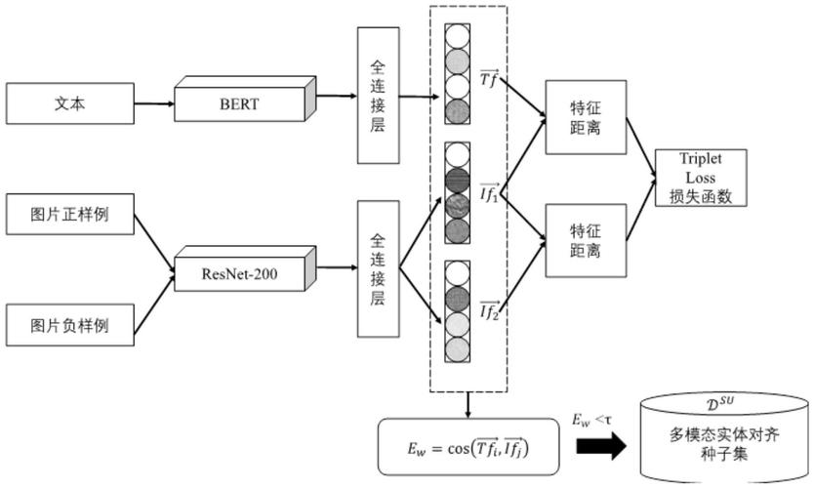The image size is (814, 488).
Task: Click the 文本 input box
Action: (70, 103)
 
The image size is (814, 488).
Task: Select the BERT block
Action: (245, 100)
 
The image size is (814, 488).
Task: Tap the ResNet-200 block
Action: (245, 269)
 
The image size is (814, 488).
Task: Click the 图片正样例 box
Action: (70, 215)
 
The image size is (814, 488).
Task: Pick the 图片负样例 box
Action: (70, 325)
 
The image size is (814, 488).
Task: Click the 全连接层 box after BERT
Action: (378, 96)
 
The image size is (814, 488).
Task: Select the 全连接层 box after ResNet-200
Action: (378, 269)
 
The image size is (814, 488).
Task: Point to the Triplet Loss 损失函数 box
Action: (701, 178)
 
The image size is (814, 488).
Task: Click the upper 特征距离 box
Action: (586, 117)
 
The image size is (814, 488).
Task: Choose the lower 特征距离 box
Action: (586, 240)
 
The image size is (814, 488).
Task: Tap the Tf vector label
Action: (490, 78)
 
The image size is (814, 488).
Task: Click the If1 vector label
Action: (489, 193)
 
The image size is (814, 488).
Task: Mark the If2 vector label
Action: (489, 311)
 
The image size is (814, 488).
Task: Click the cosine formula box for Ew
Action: (468, 447)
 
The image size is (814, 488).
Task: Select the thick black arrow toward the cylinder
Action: (601, 446)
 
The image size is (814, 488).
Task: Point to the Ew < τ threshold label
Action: (591, 420)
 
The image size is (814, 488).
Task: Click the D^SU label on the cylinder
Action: (720, 403)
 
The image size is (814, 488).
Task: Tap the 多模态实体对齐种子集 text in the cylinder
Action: (724, 444)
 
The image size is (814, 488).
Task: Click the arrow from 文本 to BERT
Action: (154, 103)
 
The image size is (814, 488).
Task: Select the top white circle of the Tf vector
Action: (458, 36)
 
